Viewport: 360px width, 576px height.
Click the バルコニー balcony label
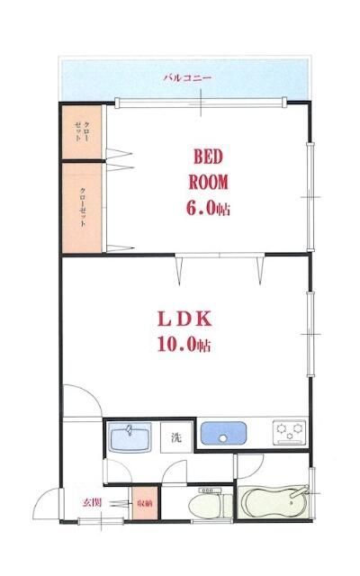pyautogui.click(x=187, y=78)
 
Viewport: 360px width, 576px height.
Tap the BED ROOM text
pyautogui.click(x=208, y=170)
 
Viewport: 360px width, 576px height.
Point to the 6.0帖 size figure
pyautogui.click(x=208, y=209)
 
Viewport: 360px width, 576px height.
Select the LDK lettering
pyautogui.click(x=184, y=319)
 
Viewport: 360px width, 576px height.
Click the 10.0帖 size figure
pyautogui.click(x=184, y=345)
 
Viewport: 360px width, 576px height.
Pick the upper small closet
pyautogui.click(x=82, y=132)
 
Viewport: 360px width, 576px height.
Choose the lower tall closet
pyautogui.click(x=82, y=208)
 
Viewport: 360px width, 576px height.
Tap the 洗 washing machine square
pyautogui.click(x=176, y=437)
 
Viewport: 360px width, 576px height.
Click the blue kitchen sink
pyautogui.click(x=223, y=433)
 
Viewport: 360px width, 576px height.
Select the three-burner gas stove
pyautogui.click(x=290, y=432)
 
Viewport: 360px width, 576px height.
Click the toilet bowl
pyautogui.click(x=210, y=505)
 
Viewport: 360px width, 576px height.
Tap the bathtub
pyautogui.click(x=274, y=502)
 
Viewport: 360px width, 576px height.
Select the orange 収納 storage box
pyautogui.click(x=145, y=503)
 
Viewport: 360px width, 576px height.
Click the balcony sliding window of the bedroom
pyautogui.click(x=201, y=103)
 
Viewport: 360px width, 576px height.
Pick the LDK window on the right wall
pyautogui.click(x=310, y=334)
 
